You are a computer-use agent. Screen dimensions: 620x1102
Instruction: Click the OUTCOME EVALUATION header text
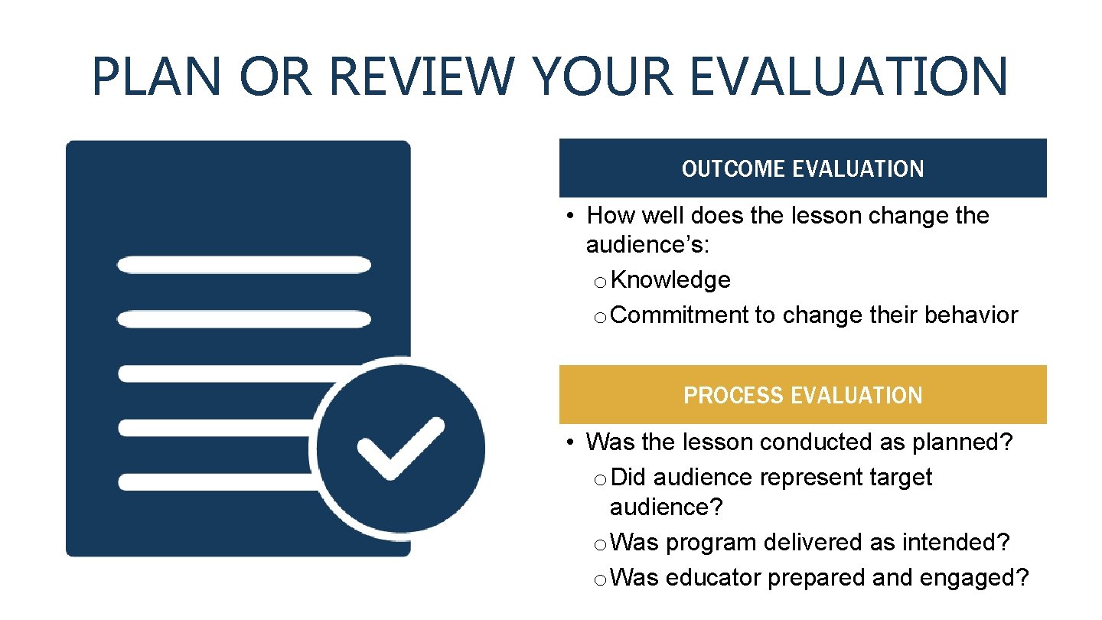tap(803, 168)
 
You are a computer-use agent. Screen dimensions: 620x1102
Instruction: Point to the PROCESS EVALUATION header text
tap(803, 395)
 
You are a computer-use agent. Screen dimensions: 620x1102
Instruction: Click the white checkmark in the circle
tap(401, 448)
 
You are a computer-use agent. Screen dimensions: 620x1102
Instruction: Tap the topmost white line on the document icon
tap(243, 265)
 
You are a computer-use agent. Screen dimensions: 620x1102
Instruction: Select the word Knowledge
tap(670, 280)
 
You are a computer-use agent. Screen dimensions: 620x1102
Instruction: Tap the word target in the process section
tap(901, 477)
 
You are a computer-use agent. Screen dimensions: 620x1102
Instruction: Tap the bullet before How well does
tap(570, 217)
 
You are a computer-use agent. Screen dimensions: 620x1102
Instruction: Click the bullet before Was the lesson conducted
tap(570, 443)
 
